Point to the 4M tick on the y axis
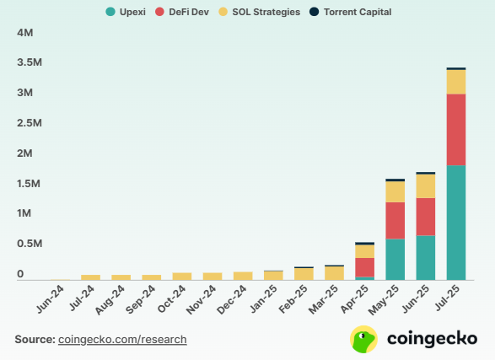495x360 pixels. click(x=25, y=33)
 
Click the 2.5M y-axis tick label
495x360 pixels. click(x=30, y=124)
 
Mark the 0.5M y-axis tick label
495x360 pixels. click(x=30, y=244)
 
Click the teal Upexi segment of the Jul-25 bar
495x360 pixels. click(x=456, y=223)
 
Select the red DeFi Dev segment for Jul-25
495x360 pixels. click(x=456, y=129)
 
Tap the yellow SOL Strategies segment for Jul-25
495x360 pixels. click(x=456, y=82)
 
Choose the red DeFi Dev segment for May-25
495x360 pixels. click(x=395, y=221)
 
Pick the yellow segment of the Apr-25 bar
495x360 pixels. click(x=365, y=251)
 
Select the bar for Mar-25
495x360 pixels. click(x=334, y=272)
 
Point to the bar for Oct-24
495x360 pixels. click(x=182, y=276)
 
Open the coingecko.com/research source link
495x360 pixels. click(x=122, y=339)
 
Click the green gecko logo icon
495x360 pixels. click(x=363, y=339)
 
